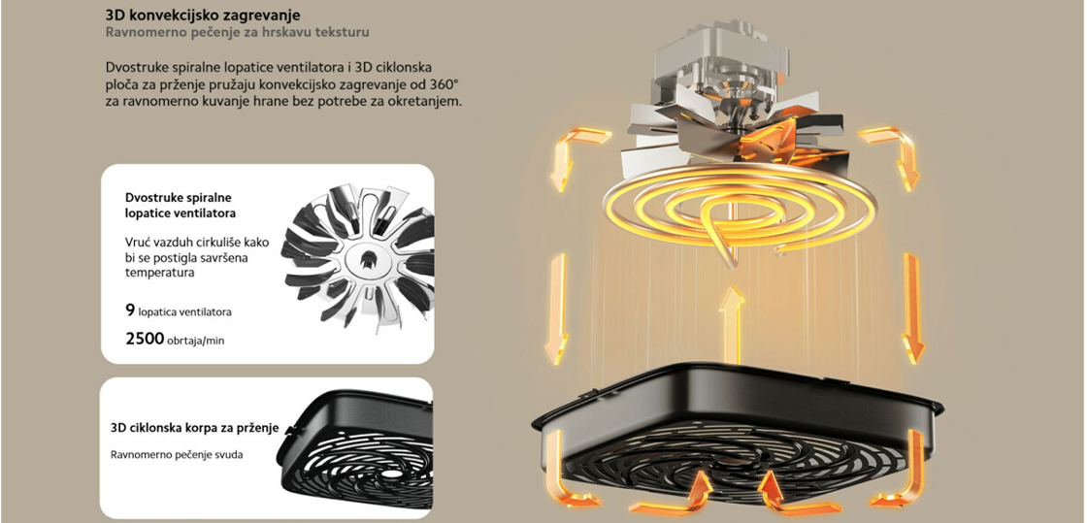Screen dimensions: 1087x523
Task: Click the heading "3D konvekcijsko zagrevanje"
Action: [203, 16]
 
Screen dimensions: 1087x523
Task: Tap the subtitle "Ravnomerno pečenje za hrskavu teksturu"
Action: [238, 33]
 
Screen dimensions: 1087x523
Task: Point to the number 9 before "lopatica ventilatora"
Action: [130, 311]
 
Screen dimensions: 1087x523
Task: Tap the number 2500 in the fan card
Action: [145, 339]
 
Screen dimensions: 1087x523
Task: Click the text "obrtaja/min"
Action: [196, 341]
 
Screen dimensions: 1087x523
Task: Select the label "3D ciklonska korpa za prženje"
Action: [195, 428]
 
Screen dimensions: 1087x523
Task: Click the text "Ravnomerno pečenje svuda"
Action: [177, 454]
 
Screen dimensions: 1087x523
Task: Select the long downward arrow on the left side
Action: [557, 309]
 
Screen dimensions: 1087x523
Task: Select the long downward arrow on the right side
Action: [911, 309]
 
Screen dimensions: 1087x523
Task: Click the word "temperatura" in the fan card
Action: [159, 273]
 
